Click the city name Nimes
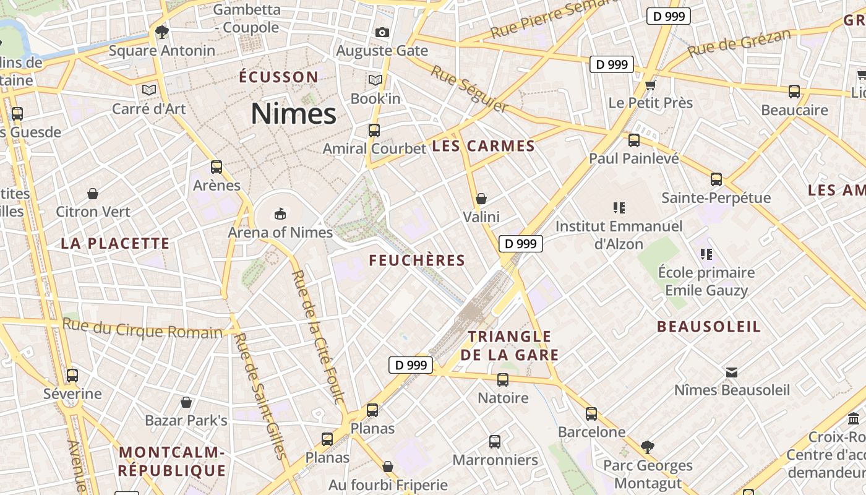pos(294,114)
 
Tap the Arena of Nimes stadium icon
pos(280,214)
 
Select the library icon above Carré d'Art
pos(149,90)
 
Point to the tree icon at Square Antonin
pos(162,32)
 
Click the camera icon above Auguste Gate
pos(382,32)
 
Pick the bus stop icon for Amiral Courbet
pos(374,131)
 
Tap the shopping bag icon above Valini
pos(481,199)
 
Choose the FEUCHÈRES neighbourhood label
pos(417,260)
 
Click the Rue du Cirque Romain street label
pos(142,329)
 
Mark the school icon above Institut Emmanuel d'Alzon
pos(619,208)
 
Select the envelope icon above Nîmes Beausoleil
pos(732,372)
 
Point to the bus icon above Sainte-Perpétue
pos(716,179)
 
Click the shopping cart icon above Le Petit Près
pos(650,85)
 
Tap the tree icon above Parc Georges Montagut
pos(648,447)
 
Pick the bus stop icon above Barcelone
pos(591,414)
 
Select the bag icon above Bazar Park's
pos(186,403)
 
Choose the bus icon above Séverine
pos(72,376)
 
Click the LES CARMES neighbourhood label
pos(484,146)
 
